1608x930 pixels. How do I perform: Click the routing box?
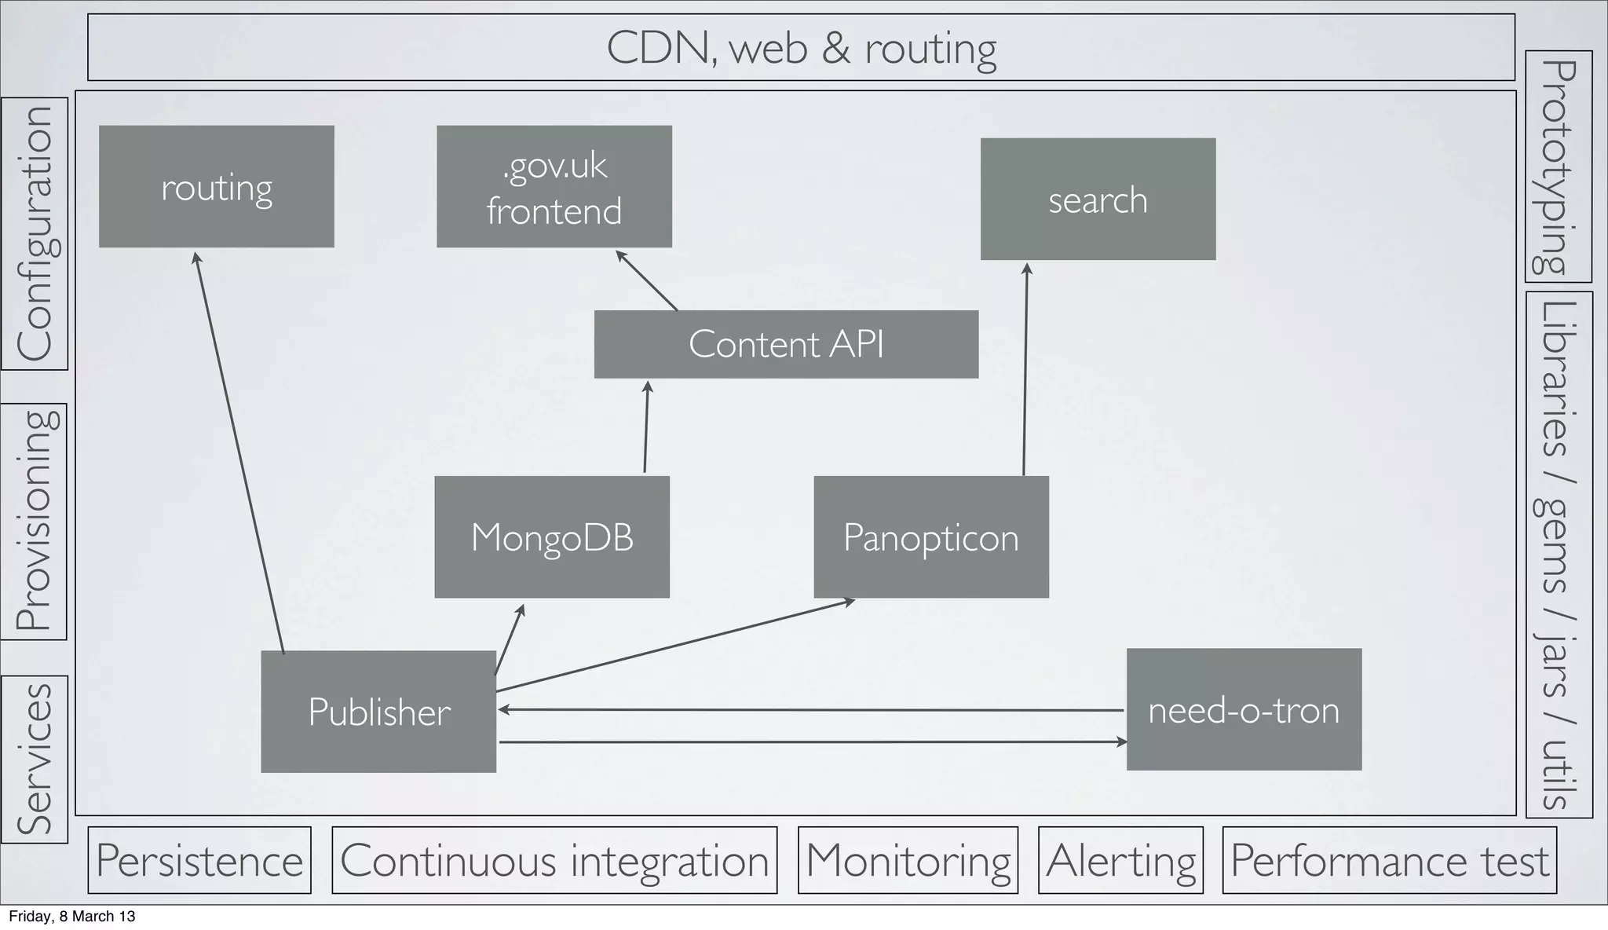click(x=216, y=187)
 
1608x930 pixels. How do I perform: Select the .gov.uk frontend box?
click(x=554, y=187)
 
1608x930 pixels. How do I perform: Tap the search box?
click(x=1098, y=200)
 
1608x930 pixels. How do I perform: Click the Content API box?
click(x=786, y=344)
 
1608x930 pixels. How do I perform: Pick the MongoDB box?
click(x=552, y=537)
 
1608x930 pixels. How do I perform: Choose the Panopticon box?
click(x=931, y=537)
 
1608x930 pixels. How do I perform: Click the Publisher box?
click(x=378, y=712)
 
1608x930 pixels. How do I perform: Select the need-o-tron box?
click(x=1244, y=709)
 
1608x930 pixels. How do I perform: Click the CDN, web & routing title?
click(x=801, y=48)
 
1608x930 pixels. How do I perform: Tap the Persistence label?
click(x=199, y=860)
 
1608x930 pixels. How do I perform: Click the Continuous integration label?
click(x=554, y=860)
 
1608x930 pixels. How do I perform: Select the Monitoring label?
click(x=908, y=860)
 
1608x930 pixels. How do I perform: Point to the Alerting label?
click(x=1120, y=860)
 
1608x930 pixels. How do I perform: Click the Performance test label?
click(x=1390, y=860)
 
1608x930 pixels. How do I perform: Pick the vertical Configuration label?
click(x=35, y=233)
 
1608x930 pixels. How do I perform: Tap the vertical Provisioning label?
click(x=35, y=522)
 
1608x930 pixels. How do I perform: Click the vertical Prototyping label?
click(x=1558, y=167)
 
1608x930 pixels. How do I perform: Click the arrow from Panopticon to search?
click(x=1025, y=369)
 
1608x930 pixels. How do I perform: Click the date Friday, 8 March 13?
click(x=72, y=916)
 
